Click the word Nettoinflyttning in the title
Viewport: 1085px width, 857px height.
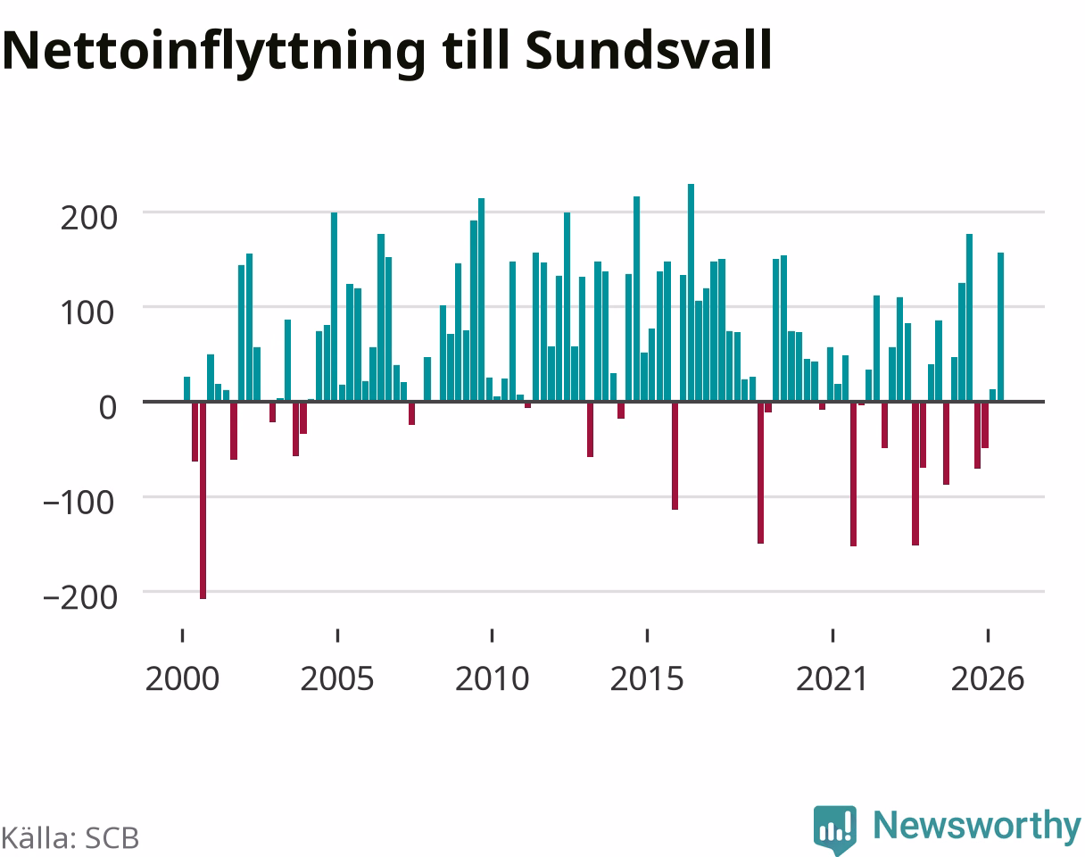(x=214, y=53)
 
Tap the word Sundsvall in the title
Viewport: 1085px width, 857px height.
(x=649, y=49)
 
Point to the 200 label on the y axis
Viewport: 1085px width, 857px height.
(x=89, y=219)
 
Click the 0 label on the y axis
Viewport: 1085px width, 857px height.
(x=108, y=408)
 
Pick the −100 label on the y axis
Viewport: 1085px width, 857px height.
(x=79, y=503)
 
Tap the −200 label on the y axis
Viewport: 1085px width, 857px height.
(x=80, y=598)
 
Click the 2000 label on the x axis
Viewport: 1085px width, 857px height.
(x=182, y=679)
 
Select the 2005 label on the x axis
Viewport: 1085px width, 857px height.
(x=337, y=679)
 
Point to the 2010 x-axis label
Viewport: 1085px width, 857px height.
(x=492, y=679)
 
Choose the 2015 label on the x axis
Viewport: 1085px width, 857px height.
(x=647, y=679)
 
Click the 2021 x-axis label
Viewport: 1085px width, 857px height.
(x=832, y=679)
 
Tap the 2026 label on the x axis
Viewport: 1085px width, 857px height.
(x=988, y=679)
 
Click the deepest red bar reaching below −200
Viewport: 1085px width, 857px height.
(x=203, y=501)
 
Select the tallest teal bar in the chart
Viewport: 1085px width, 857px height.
(x=691, y=293)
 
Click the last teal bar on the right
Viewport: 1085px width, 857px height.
(x=1001, y=327)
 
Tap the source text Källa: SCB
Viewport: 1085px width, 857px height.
(x=70, y=838)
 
